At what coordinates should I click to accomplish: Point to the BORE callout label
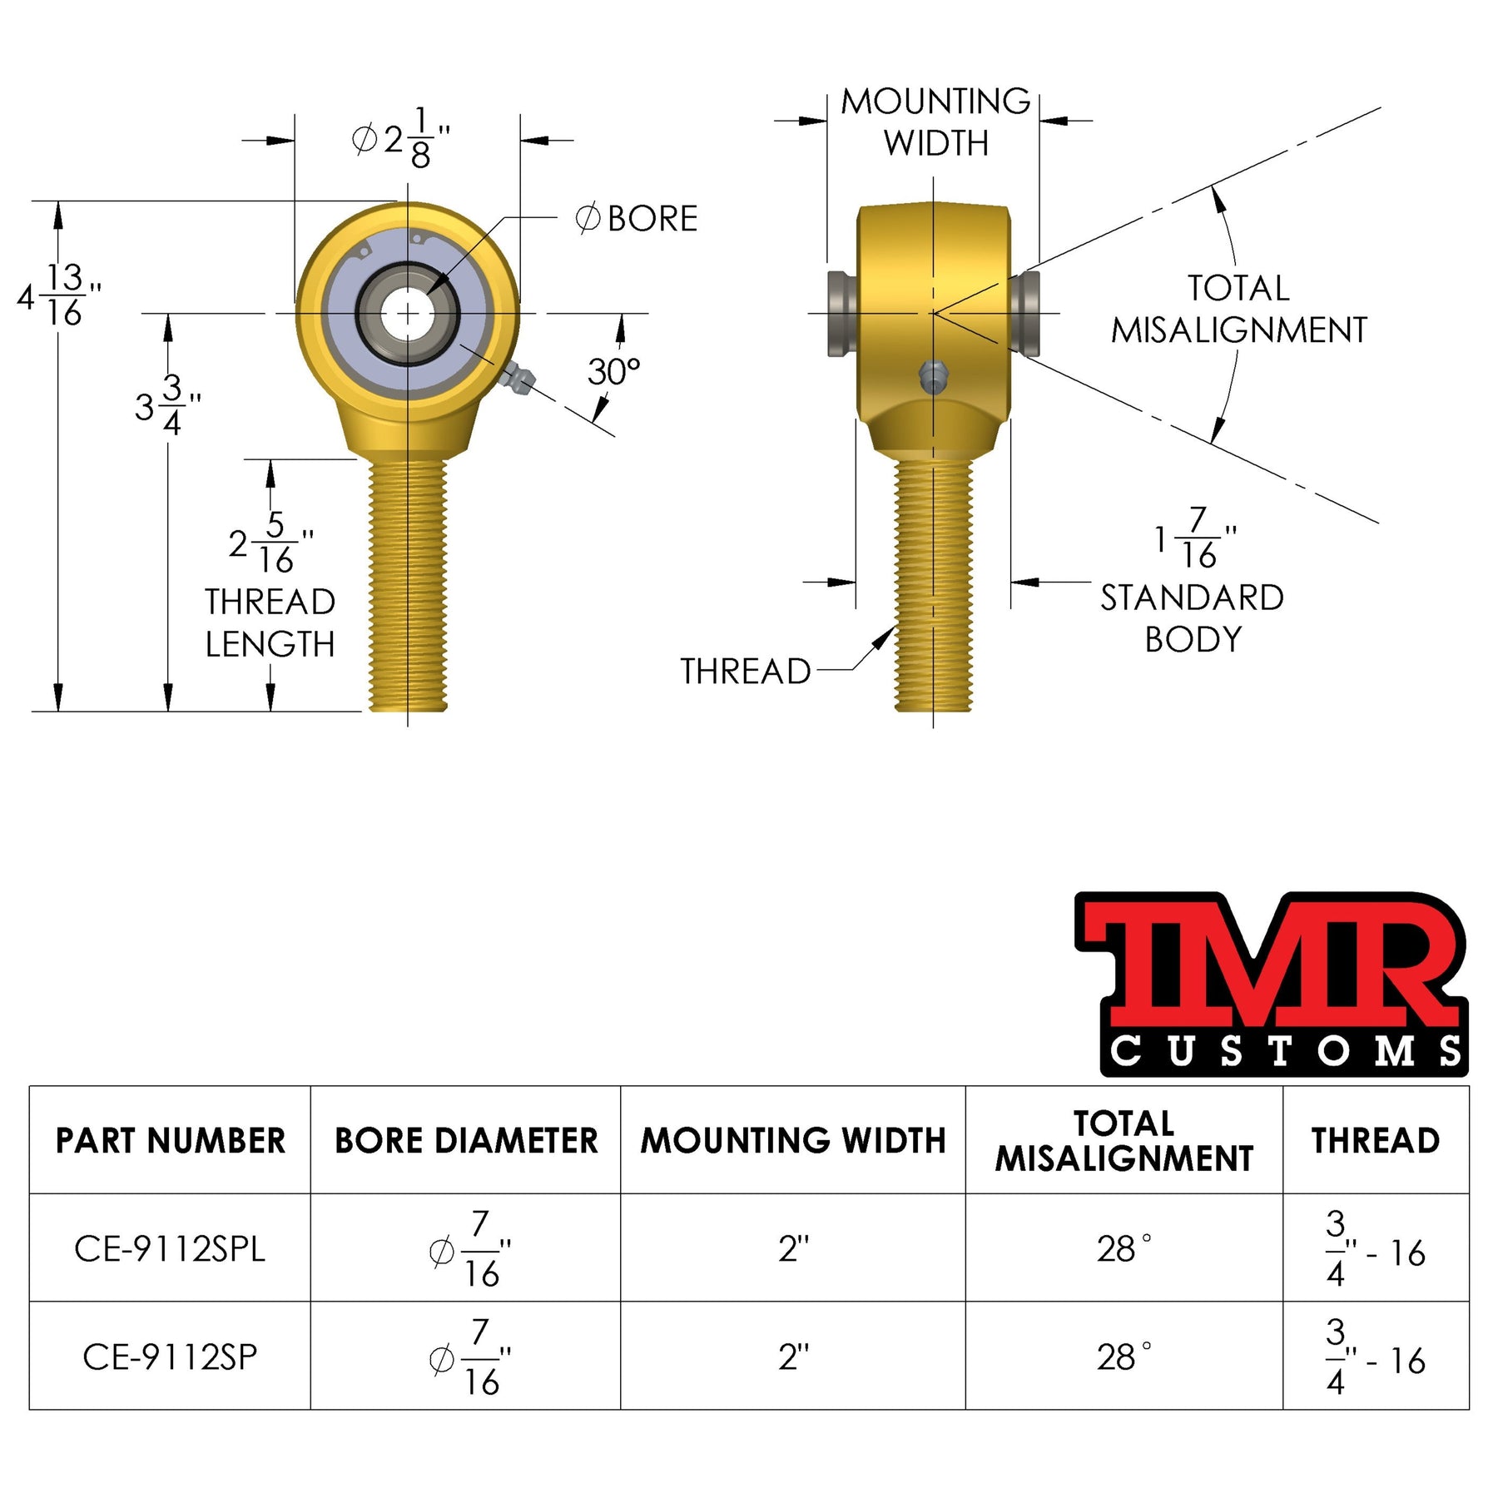click(637, 219)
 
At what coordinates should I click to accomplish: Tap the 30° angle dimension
click(613, 372)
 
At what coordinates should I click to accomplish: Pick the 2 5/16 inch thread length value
click(271, 543)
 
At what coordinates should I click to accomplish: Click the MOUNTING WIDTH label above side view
click(935, 122)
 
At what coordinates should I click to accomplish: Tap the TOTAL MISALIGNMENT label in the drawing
click(1238, 310)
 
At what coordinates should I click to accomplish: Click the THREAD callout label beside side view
click(745, 672)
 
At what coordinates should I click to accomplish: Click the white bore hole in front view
click(407, 314)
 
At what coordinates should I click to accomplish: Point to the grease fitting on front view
click(518, 378)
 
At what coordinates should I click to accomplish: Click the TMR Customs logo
click(1271, 984)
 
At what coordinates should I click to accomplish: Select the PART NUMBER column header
click(170, 1140)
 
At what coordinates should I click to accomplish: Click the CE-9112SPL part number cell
click(170, 1248)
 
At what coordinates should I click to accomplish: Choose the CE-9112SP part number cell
click(170, 1357)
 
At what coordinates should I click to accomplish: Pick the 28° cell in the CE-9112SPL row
click(1123, 1248)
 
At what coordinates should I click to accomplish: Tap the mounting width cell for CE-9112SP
click(792, 1357)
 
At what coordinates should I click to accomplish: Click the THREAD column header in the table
click(1375, 1140)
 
